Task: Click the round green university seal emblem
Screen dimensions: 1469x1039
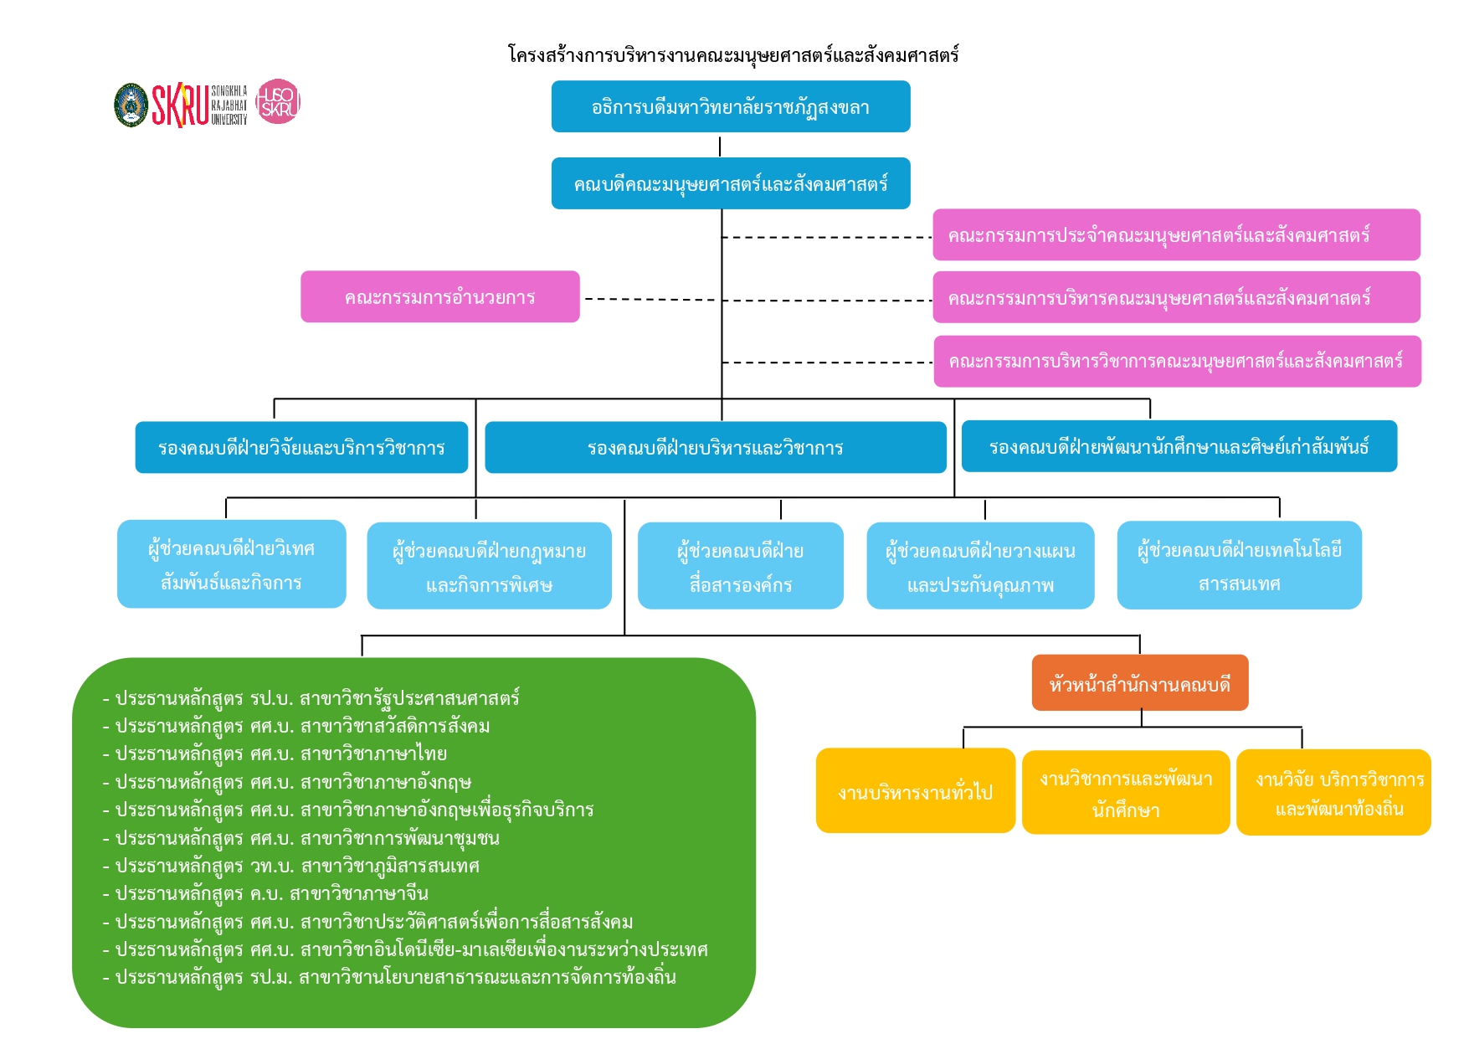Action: point(131,105)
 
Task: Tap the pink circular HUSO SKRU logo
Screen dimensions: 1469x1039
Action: point(278,102)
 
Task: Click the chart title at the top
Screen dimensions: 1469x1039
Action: point(733,55)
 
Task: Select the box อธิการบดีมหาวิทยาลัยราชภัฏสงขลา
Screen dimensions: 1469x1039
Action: point(731,106)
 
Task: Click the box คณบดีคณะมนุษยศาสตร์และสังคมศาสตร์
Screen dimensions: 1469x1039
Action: point(731,183)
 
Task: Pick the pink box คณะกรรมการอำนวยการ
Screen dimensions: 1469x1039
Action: point(440,296)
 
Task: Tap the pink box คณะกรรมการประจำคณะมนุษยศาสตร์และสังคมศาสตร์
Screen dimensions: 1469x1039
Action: point(1177,234)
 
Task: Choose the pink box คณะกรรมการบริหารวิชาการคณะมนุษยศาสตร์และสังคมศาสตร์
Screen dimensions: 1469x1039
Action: point(1178,362)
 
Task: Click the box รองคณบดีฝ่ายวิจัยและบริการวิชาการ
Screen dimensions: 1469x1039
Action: point(301,447)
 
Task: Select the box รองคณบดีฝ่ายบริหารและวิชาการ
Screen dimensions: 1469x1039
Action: point(716,447)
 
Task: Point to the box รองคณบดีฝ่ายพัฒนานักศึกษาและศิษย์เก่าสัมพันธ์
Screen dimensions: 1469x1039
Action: point(1179,446)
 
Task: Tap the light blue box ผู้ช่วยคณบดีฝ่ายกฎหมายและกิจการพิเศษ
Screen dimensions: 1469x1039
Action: point(490,566)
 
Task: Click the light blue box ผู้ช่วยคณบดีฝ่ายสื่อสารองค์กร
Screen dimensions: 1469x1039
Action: point(741,566)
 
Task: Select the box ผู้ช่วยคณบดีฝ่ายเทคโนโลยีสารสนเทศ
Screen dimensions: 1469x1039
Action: point(1240,565)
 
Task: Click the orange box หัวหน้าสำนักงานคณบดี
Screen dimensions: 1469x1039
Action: point(1140,683)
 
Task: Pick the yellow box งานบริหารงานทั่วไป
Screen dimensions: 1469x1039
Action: point(916,791)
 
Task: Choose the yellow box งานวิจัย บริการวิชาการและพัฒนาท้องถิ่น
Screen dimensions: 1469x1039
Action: point(1334,793)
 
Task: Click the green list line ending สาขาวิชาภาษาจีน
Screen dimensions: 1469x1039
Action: point(265,893)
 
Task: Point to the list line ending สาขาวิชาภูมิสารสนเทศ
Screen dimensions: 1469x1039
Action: point(290,866)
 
